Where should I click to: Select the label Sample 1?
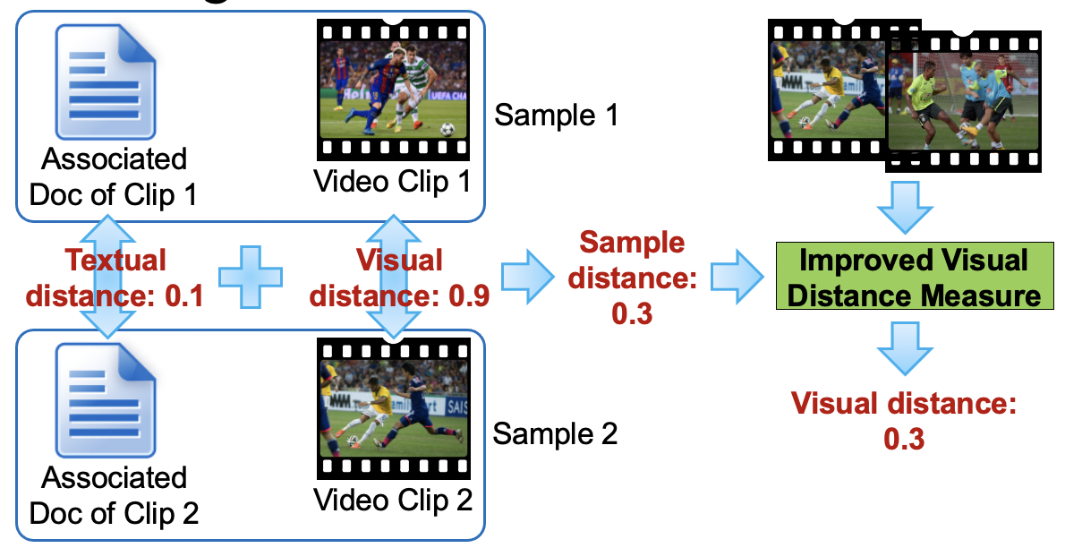556,116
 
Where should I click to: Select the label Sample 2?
555,435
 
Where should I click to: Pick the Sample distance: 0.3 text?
632,278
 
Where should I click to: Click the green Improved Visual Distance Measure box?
913,278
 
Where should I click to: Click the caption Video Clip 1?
392,182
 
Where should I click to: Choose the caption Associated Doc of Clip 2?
114,495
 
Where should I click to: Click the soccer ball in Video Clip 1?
447,128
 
